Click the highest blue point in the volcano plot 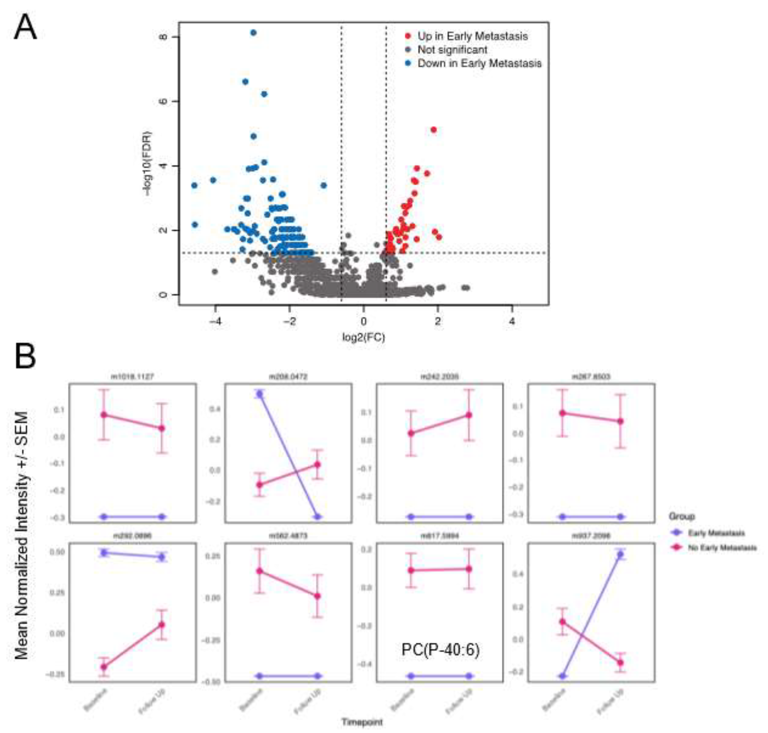[253, 32]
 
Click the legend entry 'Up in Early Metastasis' [472, 36]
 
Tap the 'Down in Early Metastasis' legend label [479, 63]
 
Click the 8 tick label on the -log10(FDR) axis [163, 37]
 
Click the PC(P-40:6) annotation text [440, 650]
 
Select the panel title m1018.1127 [133, 377]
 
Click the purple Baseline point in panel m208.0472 [259, 394]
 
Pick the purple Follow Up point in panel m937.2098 [620, 554]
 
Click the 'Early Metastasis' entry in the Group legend [716, 533]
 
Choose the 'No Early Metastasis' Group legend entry [721, 548]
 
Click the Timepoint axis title [362, 722]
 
